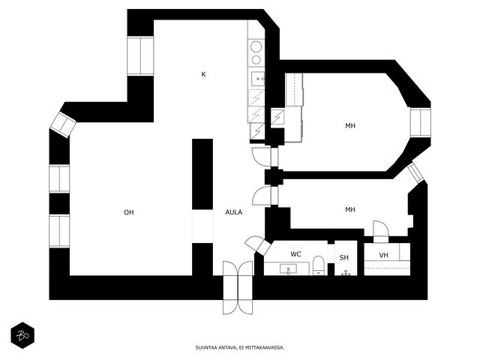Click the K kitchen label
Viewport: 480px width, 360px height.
[203, 74]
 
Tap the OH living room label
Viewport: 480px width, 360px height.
[129, 212]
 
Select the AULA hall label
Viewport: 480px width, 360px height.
[234, 212]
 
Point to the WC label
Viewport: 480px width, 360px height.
[295, 254]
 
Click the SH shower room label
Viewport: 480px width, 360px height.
[344, 258]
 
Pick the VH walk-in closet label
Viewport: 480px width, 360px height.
[383, 255]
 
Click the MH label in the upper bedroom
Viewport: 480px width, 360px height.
[350, 126]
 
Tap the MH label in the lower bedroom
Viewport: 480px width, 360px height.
[350, 210]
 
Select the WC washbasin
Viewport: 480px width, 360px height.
[288, 269]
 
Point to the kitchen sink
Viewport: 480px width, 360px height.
[258, 79]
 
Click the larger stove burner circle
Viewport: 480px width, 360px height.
[256, 47]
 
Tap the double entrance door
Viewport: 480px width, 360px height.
[238, 287]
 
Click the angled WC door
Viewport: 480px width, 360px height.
[258, 245]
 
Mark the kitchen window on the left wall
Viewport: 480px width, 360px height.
[140, 55]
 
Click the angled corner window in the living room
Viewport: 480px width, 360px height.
[63, 124]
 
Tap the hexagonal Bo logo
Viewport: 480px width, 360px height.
[22, 335]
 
